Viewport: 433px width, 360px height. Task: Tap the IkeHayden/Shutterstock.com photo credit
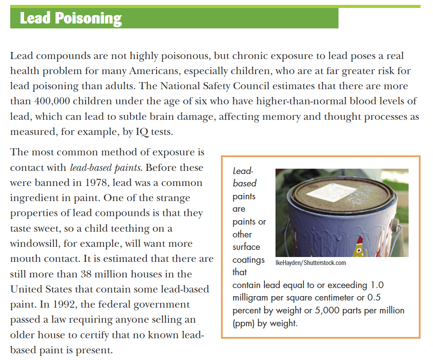point(311,263)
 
